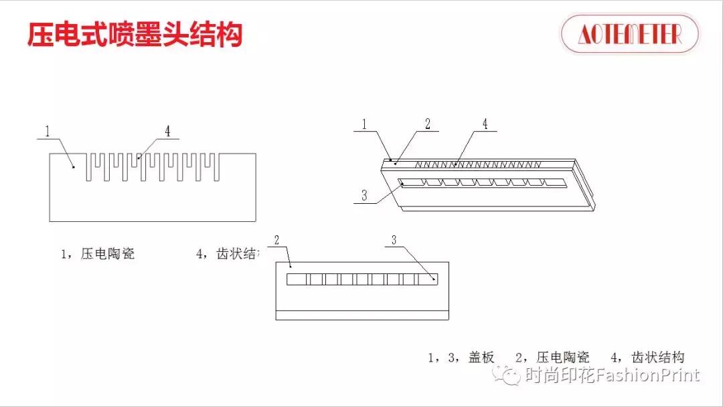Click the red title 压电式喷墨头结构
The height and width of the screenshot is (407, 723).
[x=134, y=35]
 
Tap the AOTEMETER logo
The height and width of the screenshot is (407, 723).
[x=629, y=33]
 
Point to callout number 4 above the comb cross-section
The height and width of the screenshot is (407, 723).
[x=167, y=132]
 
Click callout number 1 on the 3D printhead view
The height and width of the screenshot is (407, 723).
[x=364, y=124]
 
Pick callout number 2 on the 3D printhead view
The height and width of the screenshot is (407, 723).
[x=428, y=124]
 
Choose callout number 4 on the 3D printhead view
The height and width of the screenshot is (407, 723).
[x=485, y=124]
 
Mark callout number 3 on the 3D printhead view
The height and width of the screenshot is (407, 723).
[x=364, y=196]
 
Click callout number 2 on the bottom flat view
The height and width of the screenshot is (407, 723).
[x=277, y=240]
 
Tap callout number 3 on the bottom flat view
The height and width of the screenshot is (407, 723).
[x=394, y=240]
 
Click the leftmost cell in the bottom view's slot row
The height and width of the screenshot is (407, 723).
[x=296, y=279]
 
